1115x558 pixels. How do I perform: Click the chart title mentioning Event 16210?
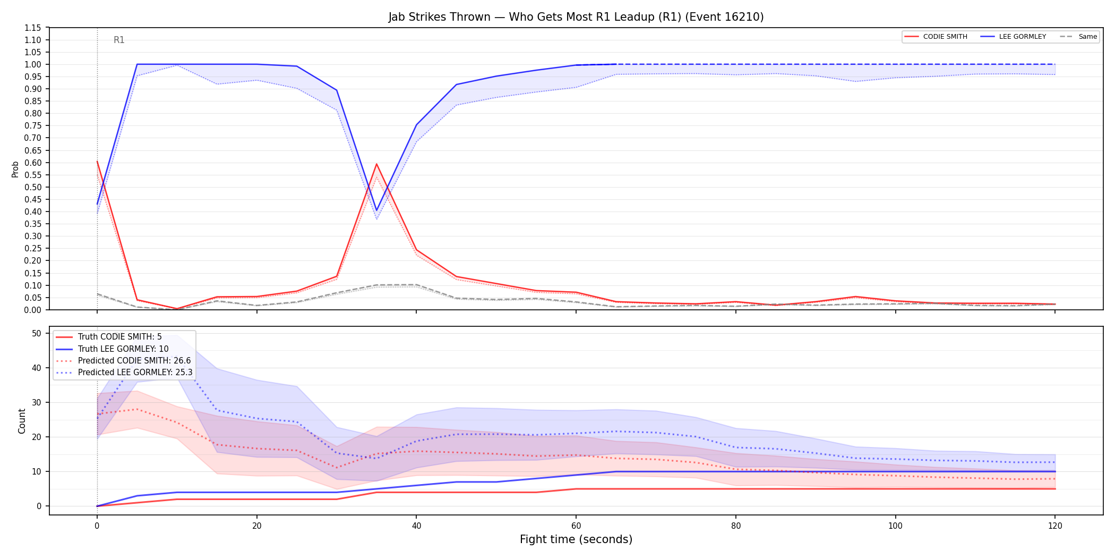point(576,17)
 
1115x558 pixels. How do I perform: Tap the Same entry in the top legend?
point(1078,37)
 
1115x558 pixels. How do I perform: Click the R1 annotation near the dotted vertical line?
point(119,40)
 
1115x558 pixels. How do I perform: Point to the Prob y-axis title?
point(15,169)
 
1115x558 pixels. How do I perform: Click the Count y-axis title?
point(22,421)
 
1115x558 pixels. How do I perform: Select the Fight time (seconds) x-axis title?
point(576,539)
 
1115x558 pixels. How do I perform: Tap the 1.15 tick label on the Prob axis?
point(33,28)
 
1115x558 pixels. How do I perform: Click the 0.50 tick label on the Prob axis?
point(33,187)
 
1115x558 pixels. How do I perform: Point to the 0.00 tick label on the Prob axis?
point(33,310)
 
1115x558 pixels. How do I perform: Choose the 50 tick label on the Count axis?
point(37,333)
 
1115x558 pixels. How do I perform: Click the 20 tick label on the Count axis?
point(37,437)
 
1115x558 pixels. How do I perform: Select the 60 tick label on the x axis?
point(576,526)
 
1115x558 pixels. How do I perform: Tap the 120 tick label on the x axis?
point(1055,526)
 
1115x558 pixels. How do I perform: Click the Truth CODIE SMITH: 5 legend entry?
point(109,337)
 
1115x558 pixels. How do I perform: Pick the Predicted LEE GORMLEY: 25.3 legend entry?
point(124,372)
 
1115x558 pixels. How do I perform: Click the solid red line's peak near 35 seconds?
point(376,164)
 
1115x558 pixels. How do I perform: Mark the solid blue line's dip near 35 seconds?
point(376,210)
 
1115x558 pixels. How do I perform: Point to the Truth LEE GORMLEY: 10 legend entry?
point(112,349)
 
